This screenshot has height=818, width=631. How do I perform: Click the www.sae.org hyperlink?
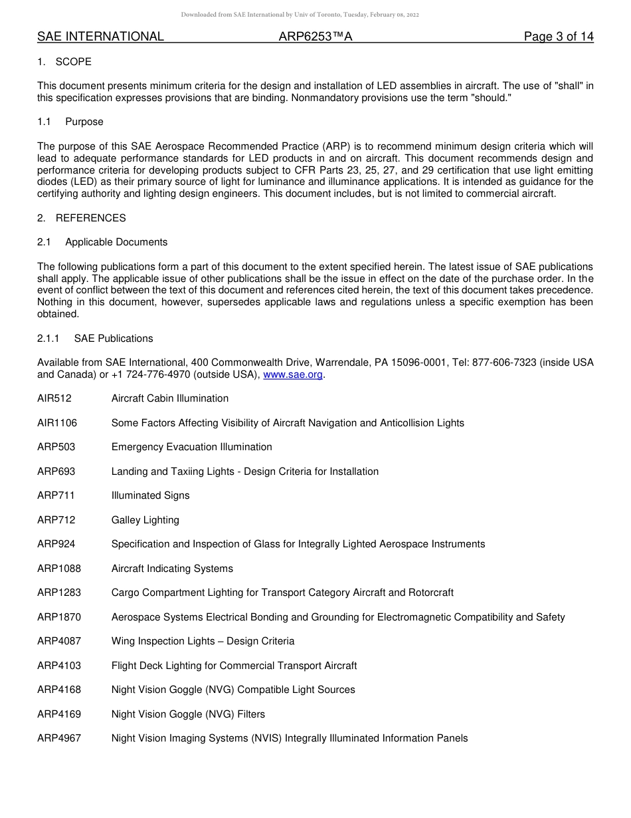click(x=293, y=374)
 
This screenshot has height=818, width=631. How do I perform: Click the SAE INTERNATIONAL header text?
click(x=100, y=37)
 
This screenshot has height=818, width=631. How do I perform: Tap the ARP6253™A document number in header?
click(x=315, y=37)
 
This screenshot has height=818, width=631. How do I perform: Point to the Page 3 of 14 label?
click(x=559, y=37)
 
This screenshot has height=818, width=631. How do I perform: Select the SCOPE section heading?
click(x=73, y=62)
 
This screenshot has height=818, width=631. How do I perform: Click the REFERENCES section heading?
click(x=90, y=218)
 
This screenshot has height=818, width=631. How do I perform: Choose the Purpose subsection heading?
click(x=84, y=122)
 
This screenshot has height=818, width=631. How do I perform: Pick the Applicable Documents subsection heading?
click(x=116, y=242)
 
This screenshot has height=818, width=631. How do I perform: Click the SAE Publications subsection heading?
click(x=114, y=339)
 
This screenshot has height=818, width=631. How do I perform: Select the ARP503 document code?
click(x=56, y=447)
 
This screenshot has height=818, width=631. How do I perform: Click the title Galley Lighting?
click(x=145, y=520)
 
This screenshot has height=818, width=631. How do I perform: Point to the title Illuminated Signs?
click(x=150, y=495)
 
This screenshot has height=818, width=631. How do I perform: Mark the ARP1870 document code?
click(x=59, y=617)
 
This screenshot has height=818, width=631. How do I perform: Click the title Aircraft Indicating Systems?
click(x=172, y=569)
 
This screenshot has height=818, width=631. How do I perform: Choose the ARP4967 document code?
click(x=59, y=738)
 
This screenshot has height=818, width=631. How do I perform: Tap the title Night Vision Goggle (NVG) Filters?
click(x=188, y=714)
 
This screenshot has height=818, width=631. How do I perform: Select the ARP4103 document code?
click(x=59, y=666)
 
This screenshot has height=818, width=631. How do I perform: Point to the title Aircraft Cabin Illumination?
click(x=169, y=398)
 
